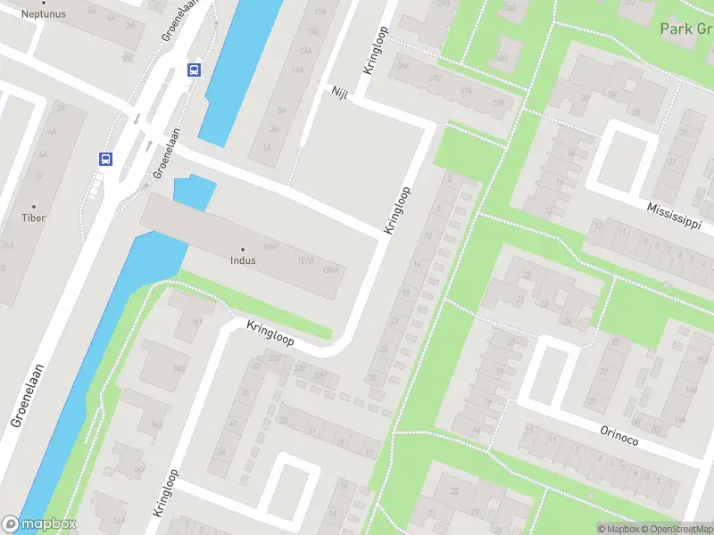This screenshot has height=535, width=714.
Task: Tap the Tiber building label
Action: point(34,218)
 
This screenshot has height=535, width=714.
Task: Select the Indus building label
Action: point(242,261)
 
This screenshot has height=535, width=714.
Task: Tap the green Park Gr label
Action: point(685,29)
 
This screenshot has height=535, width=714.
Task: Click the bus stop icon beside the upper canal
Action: point(195,70)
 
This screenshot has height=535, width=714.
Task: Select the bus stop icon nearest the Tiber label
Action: point(105,159)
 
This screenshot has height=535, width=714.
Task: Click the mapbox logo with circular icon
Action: point(39,524)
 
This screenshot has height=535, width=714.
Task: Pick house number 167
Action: point(137,470)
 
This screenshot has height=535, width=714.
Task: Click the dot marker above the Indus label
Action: point(242,250)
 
